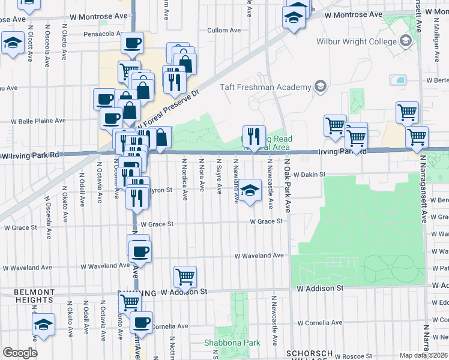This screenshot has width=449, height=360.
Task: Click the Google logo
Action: point(20,352)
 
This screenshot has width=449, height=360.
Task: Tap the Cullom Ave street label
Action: point(223,30)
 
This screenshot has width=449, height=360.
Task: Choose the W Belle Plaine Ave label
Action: point(37,121)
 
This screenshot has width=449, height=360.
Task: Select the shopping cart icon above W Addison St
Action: point(185,277)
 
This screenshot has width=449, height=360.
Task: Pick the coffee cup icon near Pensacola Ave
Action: point(132,43)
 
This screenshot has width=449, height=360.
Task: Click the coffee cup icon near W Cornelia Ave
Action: point(142,323)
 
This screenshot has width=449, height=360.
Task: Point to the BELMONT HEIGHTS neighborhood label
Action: point(34,296)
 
